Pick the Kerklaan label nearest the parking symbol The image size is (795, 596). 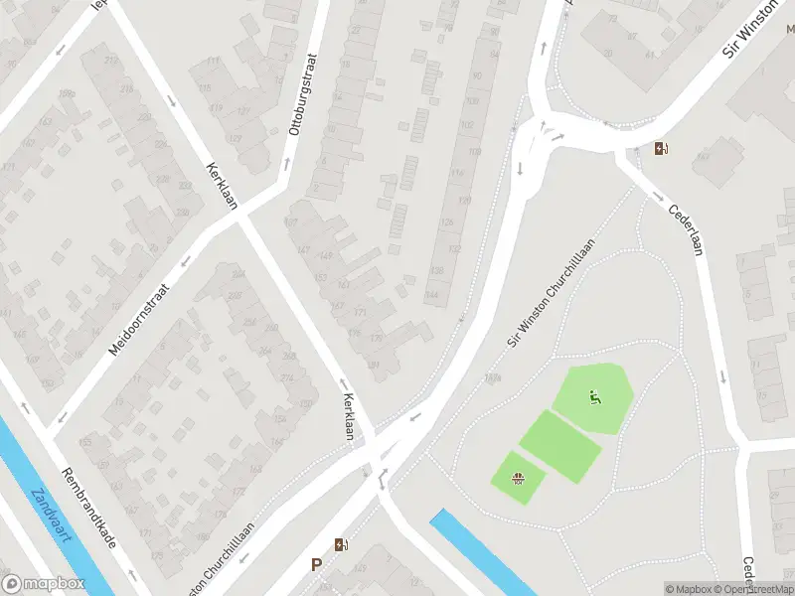click(x=348, y=416)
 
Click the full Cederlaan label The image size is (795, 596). click(x=686, y=229)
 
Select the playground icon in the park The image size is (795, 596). click(x=595, y=399)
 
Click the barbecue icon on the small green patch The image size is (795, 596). click(x=518, y=480)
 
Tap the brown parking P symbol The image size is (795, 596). click(x=316, y=564)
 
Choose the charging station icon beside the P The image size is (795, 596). click(x=341, y=544)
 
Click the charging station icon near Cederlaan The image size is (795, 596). click(x=662, y=150)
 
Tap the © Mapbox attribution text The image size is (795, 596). click(x=688, y=589)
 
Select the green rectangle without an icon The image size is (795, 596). click(x=560, y=446)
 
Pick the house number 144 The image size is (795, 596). click(x=432, y=295)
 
